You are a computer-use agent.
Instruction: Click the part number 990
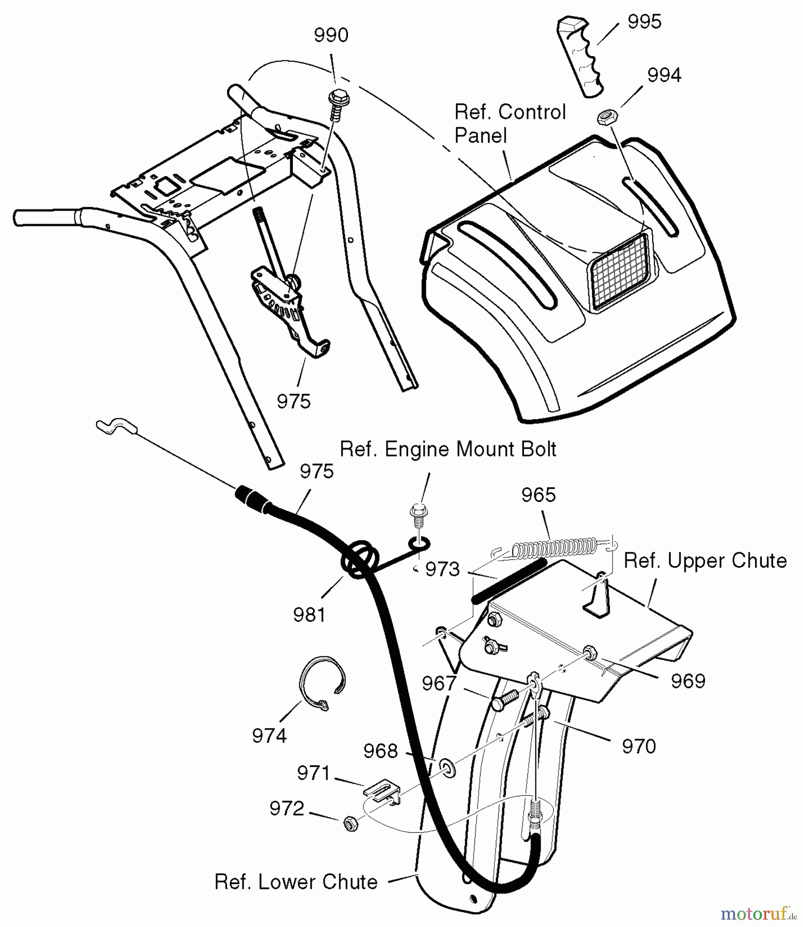click(331, 36)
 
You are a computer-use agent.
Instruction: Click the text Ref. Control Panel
click(509, 124)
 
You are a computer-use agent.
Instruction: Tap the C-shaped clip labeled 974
click(321, 682)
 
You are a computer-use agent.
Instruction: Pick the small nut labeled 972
click(350, 823)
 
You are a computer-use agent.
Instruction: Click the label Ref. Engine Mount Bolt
click(448, 449)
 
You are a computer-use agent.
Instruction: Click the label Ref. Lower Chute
click(296, 882)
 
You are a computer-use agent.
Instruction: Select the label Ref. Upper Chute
click(705, 561)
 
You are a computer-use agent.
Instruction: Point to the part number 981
click(309, 614)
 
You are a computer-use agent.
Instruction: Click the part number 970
click(639, 746)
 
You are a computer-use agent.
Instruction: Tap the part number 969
click(688, 681)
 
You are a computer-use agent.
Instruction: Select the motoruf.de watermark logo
click(757, 913)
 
